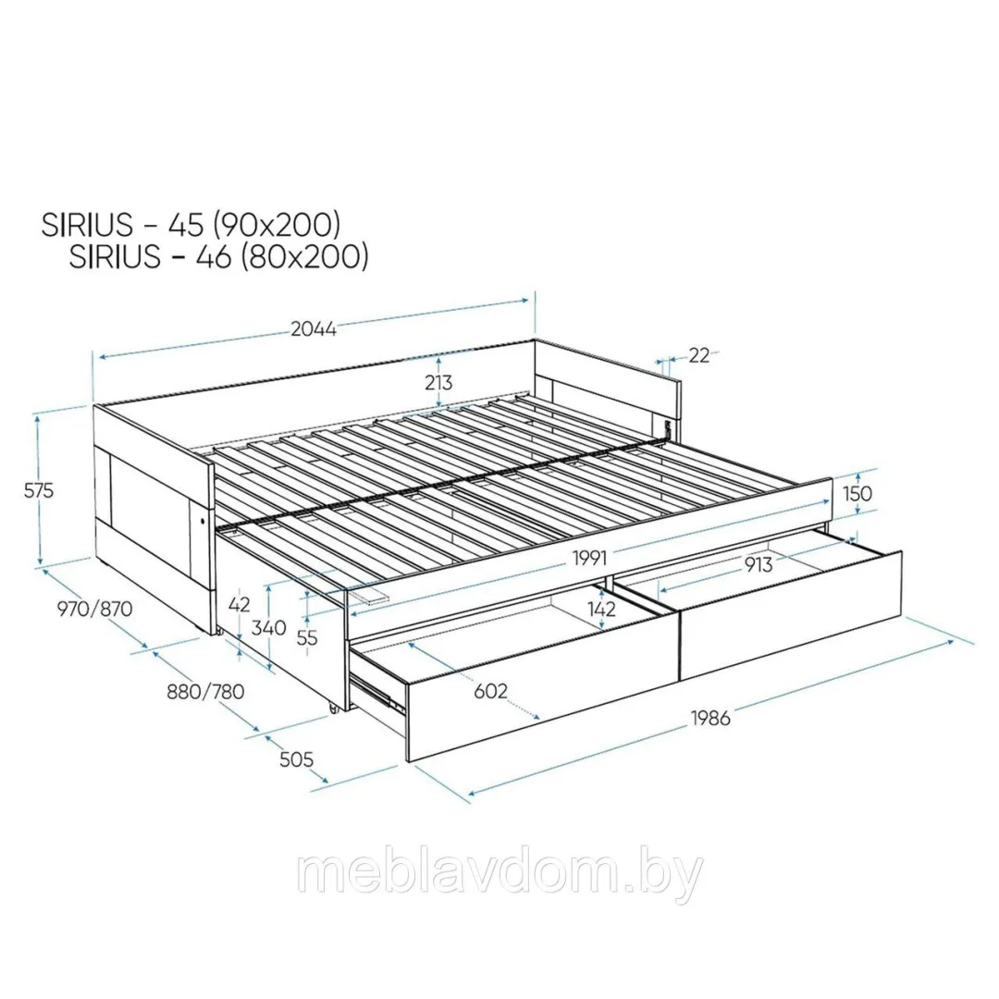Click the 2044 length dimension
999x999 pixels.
pos(314,328)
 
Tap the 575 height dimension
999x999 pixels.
pos(39,490)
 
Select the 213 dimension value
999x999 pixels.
pos(438,382)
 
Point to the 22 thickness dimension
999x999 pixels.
pos(699,355)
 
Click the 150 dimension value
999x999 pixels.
pos(857,492)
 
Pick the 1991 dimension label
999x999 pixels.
pos(589,558)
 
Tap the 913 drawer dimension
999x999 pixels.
pos(758,564)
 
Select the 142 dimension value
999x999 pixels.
pos(601,609)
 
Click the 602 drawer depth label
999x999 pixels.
pos(490,691)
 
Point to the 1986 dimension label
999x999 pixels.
pos(710,718)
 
